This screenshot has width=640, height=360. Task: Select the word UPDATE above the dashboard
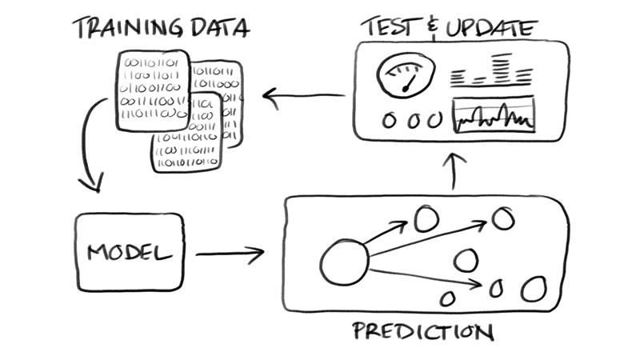pyautogui.click(x=490, y=27)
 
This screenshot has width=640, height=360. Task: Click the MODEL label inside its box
pyautogui.click(x=130, y=254)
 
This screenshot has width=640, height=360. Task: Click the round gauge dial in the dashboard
pyautogui.click(x=406, y=77)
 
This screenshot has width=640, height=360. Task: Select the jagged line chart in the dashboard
pyautogui.click(x=494, y=116)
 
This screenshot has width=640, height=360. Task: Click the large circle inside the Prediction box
pyautogui.click(x=344, y=262)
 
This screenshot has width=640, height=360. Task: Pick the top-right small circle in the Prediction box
pyautogui.click(x=503, y=218)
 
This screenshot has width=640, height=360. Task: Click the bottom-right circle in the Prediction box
pyautogui.click(x=534, y=287)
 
